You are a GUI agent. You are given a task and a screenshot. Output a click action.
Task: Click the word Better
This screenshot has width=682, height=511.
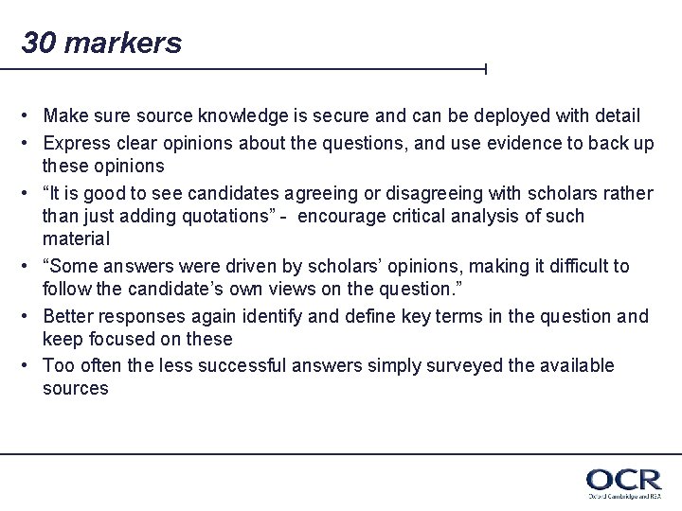click(67, 315)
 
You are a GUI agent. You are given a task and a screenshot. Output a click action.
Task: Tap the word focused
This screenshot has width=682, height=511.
click(122, 339)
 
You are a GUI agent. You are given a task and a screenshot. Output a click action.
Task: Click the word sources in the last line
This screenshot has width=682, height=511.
click(76, 389)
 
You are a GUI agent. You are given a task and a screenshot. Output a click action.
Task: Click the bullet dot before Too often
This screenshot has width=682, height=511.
click(30, 365)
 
